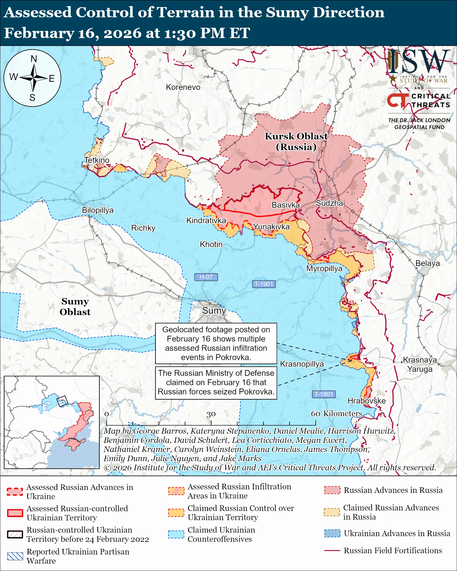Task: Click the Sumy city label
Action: tap(214, 310)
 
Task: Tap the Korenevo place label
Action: tap(183, 87)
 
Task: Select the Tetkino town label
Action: tap(97, 160)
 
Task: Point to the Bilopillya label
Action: tap(98, 210)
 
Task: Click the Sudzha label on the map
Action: tap(329, 203)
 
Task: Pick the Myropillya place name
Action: tap(324, 268)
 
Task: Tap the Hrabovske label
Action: tap(366, 401)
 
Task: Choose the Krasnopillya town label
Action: tap(302, 364)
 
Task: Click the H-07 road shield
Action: tap(206, 277)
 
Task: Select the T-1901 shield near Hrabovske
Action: tap(324, 394)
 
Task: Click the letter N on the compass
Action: tap(34, 59)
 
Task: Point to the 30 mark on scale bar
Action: tap(211, 414)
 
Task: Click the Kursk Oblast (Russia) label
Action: tap(296, 141)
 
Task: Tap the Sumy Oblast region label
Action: tap(75, 306)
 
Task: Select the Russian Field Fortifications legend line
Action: tap(332, 550)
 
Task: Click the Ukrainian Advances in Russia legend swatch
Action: tap(332, 533)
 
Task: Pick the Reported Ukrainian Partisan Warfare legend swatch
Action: tap(15, 556)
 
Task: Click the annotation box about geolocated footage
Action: tap(216, 343)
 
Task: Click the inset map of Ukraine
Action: tap(52, 422)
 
